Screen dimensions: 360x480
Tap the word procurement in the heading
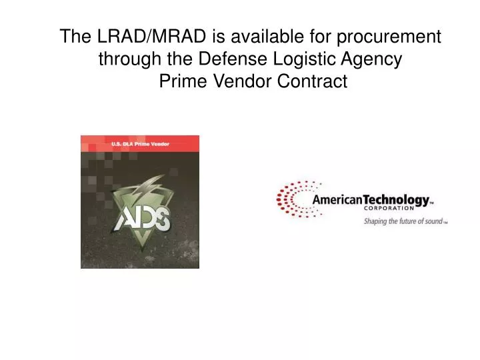pyautogui.click(x=387, y=37)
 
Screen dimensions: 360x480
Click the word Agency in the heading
pyautogui.click(x=371, y=59)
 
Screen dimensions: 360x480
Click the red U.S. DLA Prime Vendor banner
pyautogui.click(x=139, y=143)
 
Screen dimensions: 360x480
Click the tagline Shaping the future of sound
pyautogui.click(x=403, y=221)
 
